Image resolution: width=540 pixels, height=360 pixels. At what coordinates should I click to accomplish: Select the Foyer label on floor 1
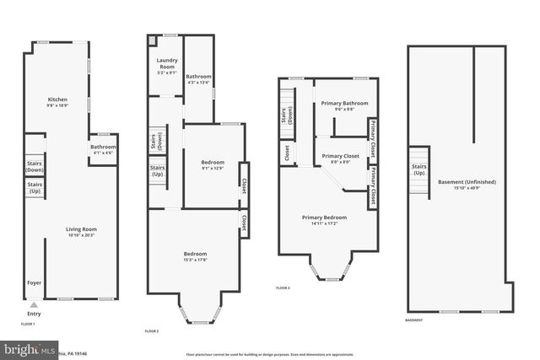(x=34, y=283)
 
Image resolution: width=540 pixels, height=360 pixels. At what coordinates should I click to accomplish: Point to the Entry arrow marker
(x=34, y=304)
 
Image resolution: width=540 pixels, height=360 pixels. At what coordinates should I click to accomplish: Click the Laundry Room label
(x=166, y=67)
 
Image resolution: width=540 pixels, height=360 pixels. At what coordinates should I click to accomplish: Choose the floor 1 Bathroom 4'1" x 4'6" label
(x=103, y=149)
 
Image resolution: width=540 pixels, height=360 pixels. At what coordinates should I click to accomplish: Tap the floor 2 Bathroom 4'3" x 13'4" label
(x=199, y=79)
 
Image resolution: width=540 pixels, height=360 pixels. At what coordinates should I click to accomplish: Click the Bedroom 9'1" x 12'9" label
(x=212, y=164)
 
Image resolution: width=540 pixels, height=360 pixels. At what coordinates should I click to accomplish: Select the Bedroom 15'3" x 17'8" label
(x=195, y=256)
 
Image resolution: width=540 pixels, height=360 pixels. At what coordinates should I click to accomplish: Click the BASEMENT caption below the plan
(x=413, y=320)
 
